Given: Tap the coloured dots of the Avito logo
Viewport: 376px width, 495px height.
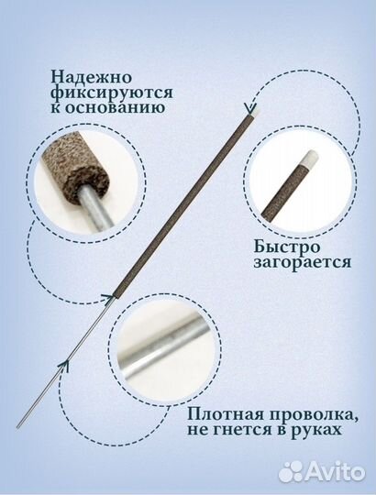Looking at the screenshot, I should click(x=292, y=471).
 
